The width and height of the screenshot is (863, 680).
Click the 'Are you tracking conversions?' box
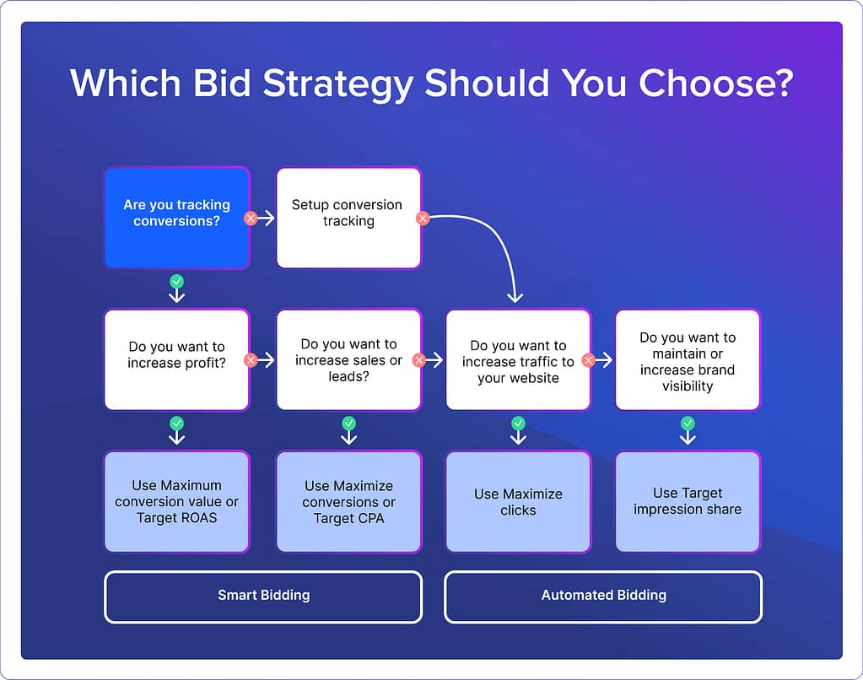[176, 218]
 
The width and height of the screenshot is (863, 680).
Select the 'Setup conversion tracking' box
[348, 218]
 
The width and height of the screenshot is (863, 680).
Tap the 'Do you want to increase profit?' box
[176, 359]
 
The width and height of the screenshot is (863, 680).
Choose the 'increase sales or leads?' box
[348, 359]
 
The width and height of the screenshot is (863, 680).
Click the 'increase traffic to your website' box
[518, 359]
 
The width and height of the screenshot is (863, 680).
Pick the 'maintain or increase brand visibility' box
[688, 359]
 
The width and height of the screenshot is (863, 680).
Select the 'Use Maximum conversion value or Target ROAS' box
[176, 501]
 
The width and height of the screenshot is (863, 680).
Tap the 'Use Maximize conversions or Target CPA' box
[348, 501]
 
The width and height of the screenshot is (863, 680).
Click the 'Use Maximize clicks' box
[518, 501]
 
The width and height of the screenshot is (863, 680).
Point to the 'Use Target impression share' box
[688, 501]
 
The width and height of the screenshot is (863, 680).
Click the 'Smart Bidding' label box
[263, 596]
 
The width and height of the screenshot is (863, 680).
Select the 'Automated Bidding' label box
[603, 596]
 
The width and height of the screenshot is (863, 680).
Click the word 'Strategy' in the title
[340, 84]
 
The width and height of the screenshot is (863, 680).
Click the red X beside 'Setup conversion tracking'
[423, 218]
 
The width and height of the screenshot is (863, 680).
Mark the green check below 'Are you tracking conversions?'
[176, 282]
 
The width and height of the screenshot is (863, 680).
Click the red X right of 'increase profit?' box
[251, 360]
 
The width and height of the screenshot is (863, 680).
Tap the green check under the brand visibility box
[688, 424]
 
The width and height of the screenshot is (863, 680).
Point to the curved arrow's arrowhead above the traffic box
[515, 296]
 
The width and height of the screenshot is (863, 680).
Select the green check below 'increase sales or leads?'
[348, 424]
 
